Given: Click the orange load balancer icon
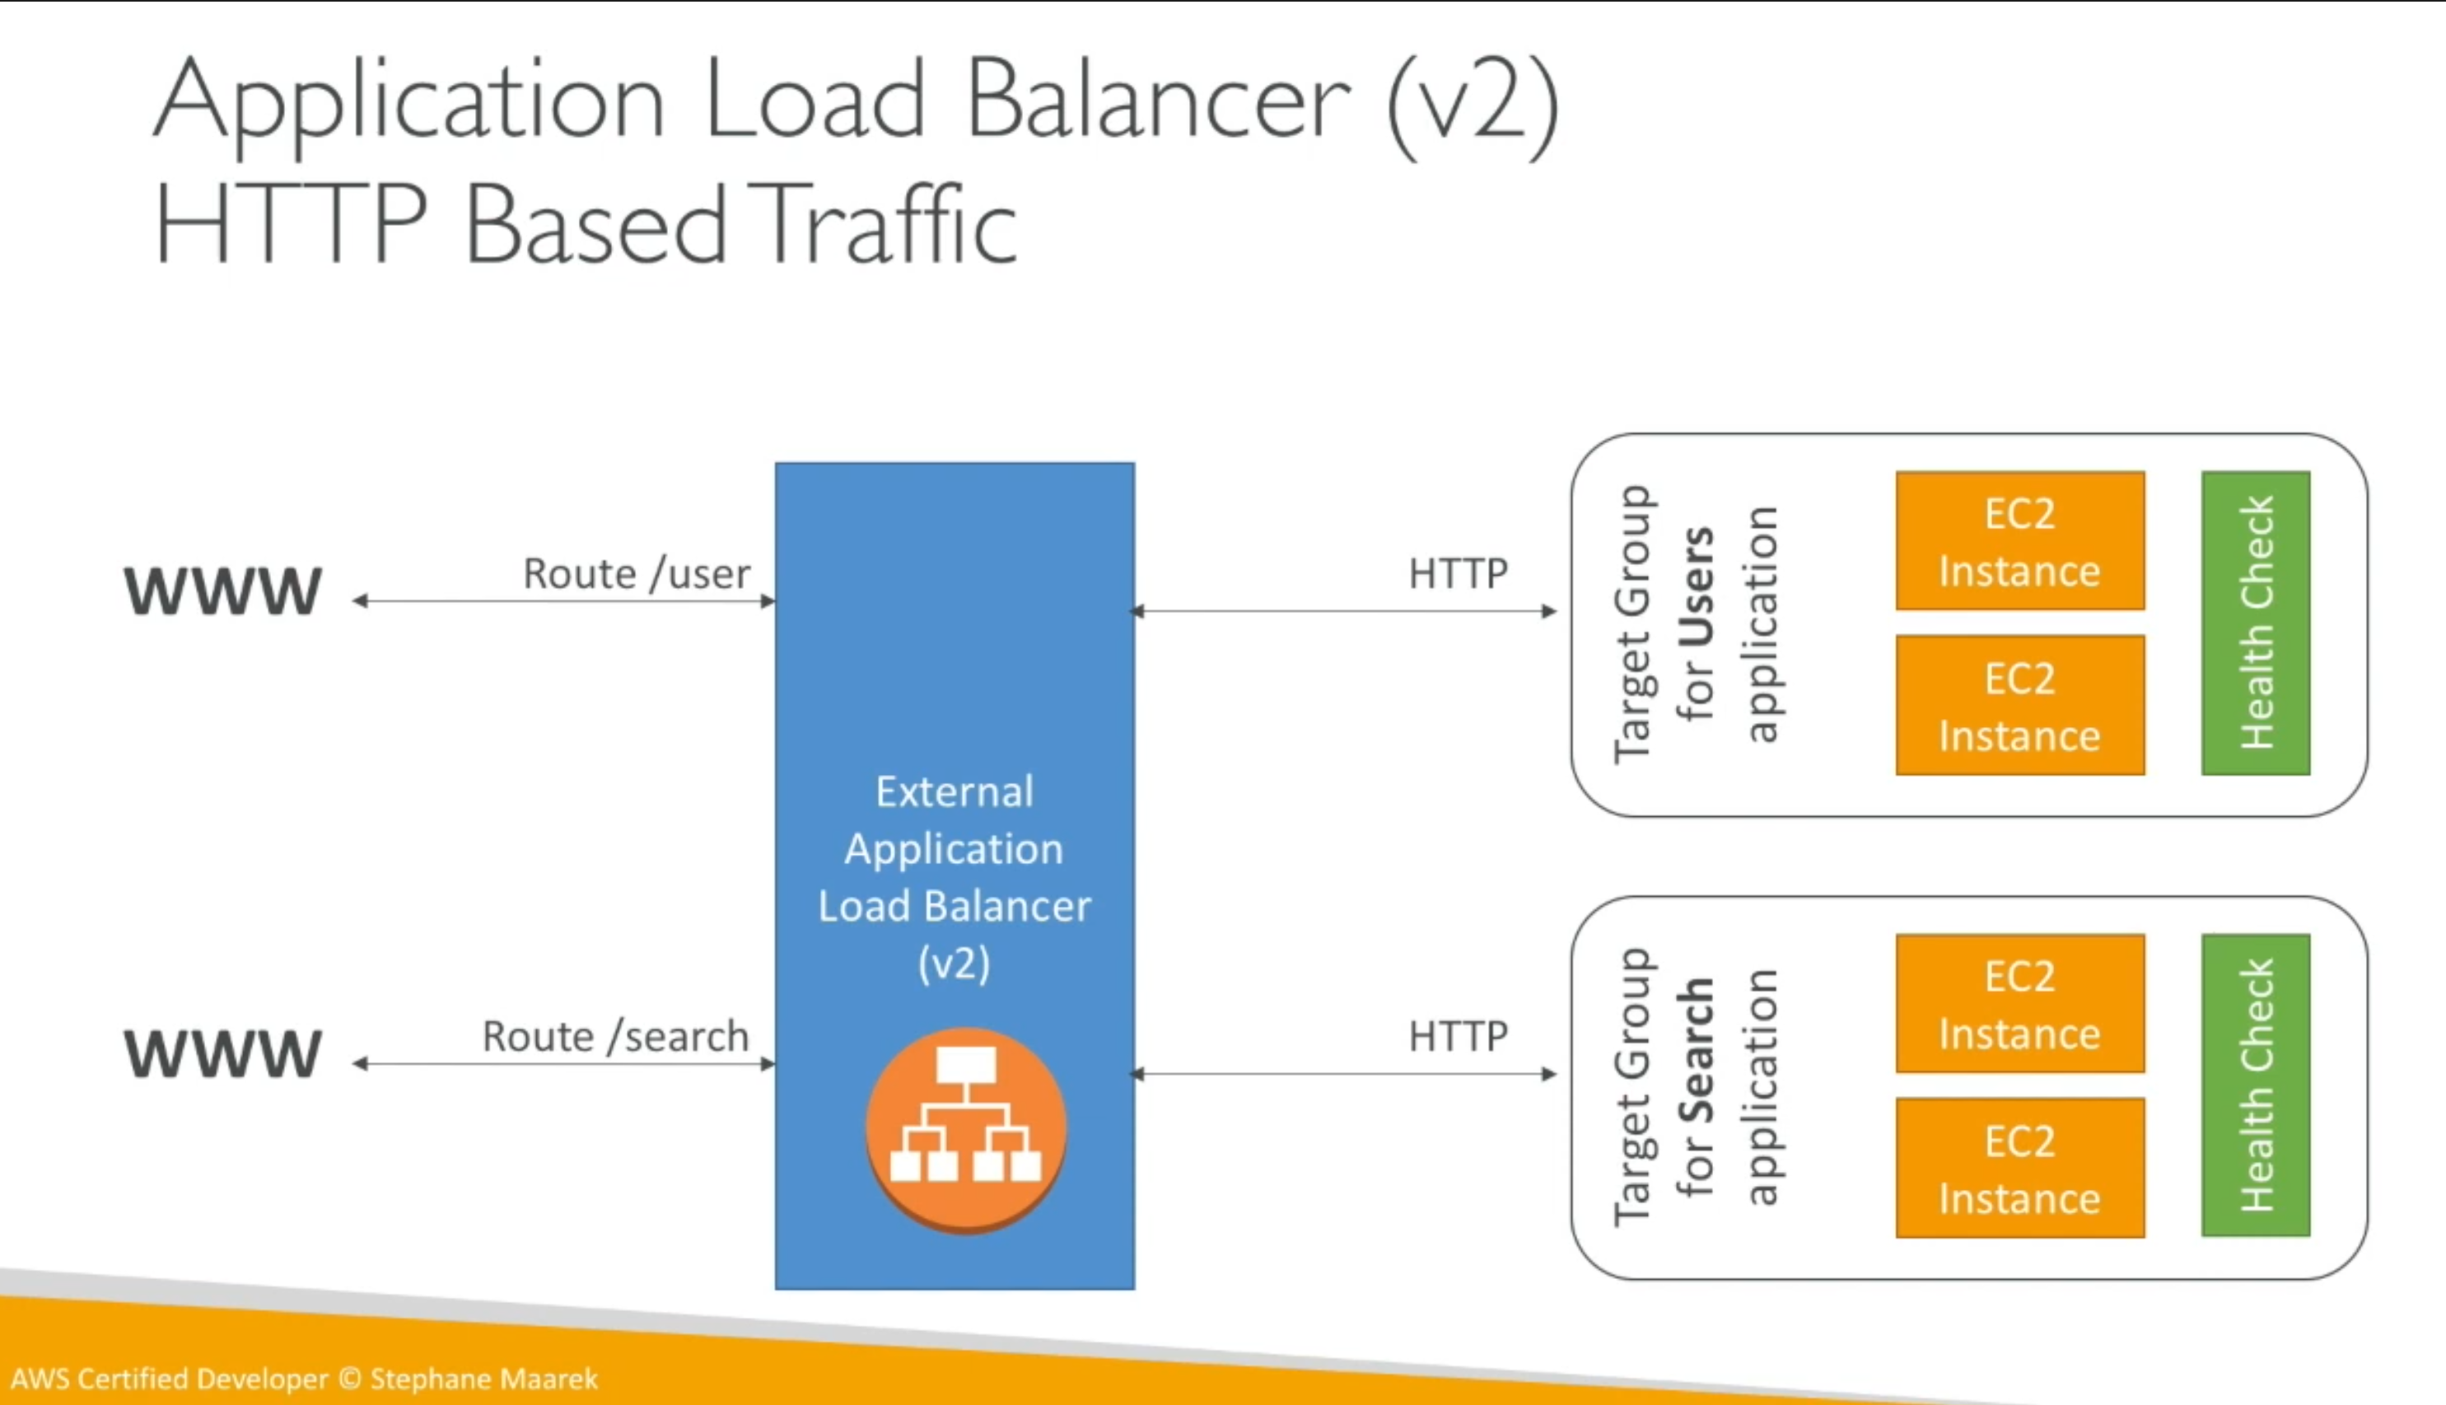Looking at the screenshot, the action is (x=965, y=1130).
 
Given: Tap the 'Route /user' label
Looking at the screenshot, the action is (x=637, y=574).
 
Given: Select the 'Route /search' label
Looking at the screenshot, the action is (x=615, y=1036).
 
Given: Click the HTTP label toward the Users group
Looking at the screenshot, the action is (x=1458, y=574).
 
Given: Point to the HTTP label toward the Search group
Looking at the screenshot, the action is (x=1458, y=1036).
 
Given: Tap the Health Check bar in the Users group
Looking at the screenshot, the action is (x=2256, y=623).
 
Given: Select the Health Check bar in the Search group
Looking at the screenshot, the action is (x=2256, y=1085).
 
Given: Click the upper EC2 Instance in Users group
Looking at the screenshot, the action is (x=2020, y=540).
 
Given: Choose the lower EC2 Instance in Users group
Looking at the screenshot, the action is (x=2020, y=704).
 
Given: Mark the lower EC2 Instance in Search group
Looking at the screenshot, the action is (x=2020, y=1168).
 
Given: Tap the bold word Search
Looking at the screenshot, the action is (x=1697, y=1051).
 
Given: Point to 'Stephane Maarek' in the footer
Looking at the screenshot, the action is (x=484, y=1379).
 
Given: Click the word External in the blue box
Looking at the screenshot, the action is (x=955, y=792).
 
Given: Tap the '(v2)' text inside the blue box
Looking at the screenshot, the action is (x=955, y=963).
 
